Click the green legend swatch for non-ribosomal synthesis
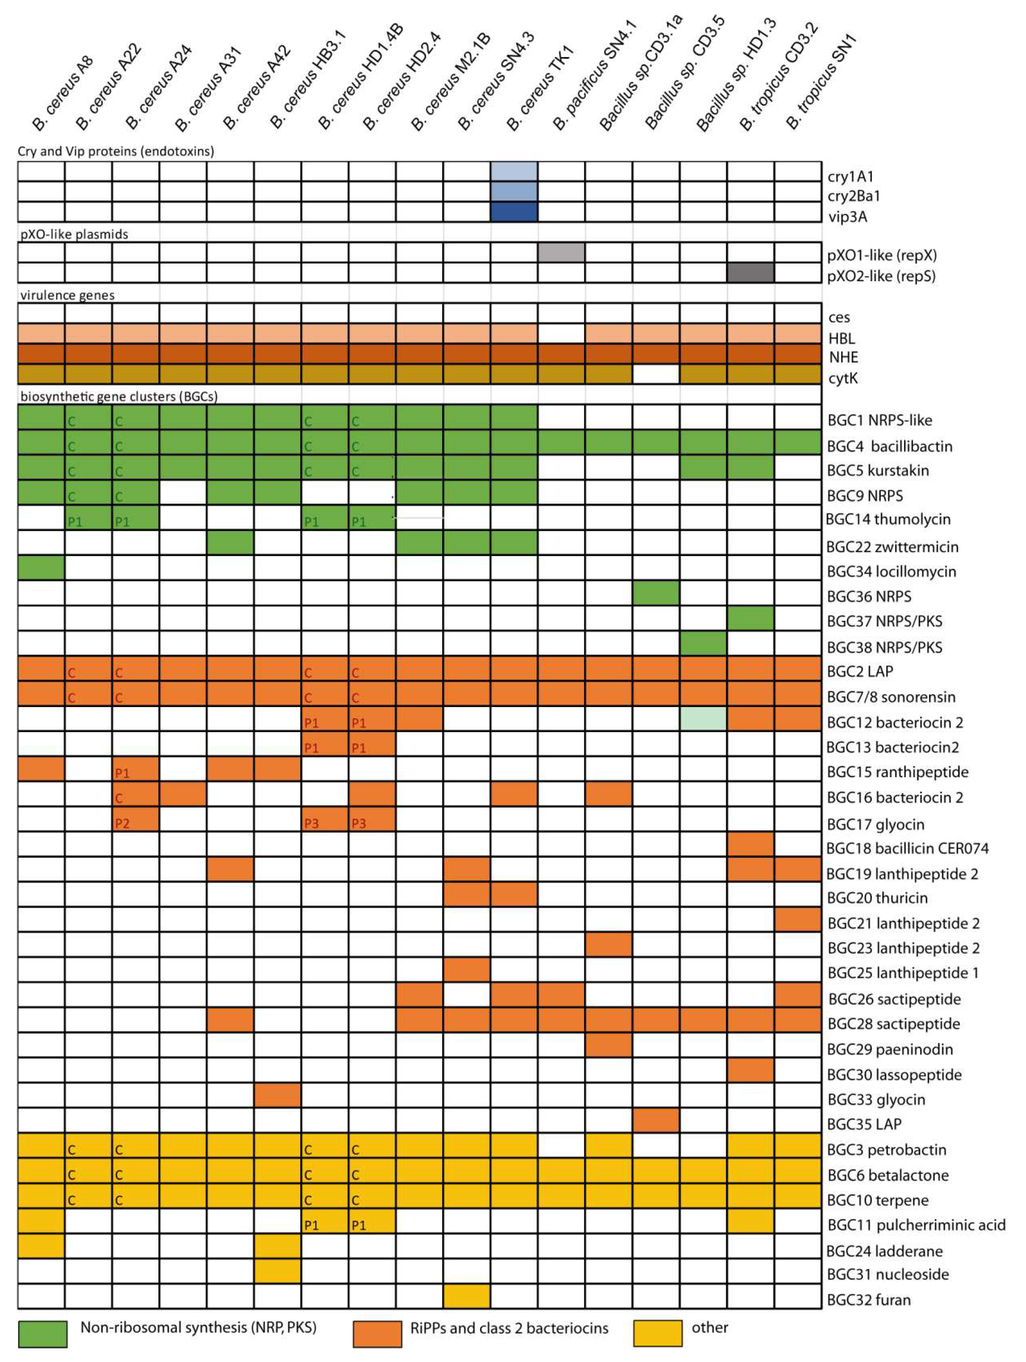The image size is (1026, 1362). [x=42, y=1334]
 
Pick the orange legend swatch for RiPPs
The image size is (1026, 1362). [x=377, y=1334]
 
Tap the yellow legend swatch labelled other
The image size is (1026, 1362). [x=657, y=1334]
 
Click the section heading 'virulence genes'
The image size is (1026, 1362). [x=67, y=295]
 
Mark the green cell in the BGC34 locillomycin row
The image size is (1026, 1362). [x=41, y=567]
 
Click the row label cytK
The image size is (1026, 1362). [x=843, y=378]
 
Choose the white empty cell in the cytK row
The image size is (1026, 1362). [x=656, y=374]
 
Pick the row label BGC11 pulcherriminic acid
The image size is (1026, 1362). [x=916, y=1225]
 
